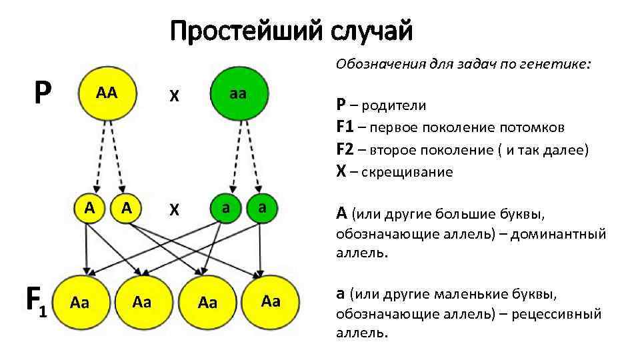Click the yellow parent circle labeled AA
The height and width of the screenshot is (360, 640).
[107, 94]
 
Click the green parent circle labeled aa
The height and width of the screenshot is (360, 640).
[239, 94]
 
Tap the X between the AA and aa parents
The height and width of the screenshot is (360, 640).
[174, 96]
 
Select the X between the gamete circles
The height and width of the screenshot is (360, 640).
[174, 210]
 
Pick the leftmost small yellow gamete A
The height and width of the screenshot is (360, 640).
[89, 207]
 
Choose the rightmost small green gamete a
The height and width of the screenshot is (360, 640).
[263, 207]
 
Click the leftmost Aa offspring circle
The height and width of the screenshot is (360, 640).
[80, 303]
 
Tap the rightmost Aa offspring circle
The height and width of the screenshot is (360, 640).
[271, 301]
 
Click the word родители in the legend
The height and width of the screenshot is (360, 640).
[397, 105]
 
